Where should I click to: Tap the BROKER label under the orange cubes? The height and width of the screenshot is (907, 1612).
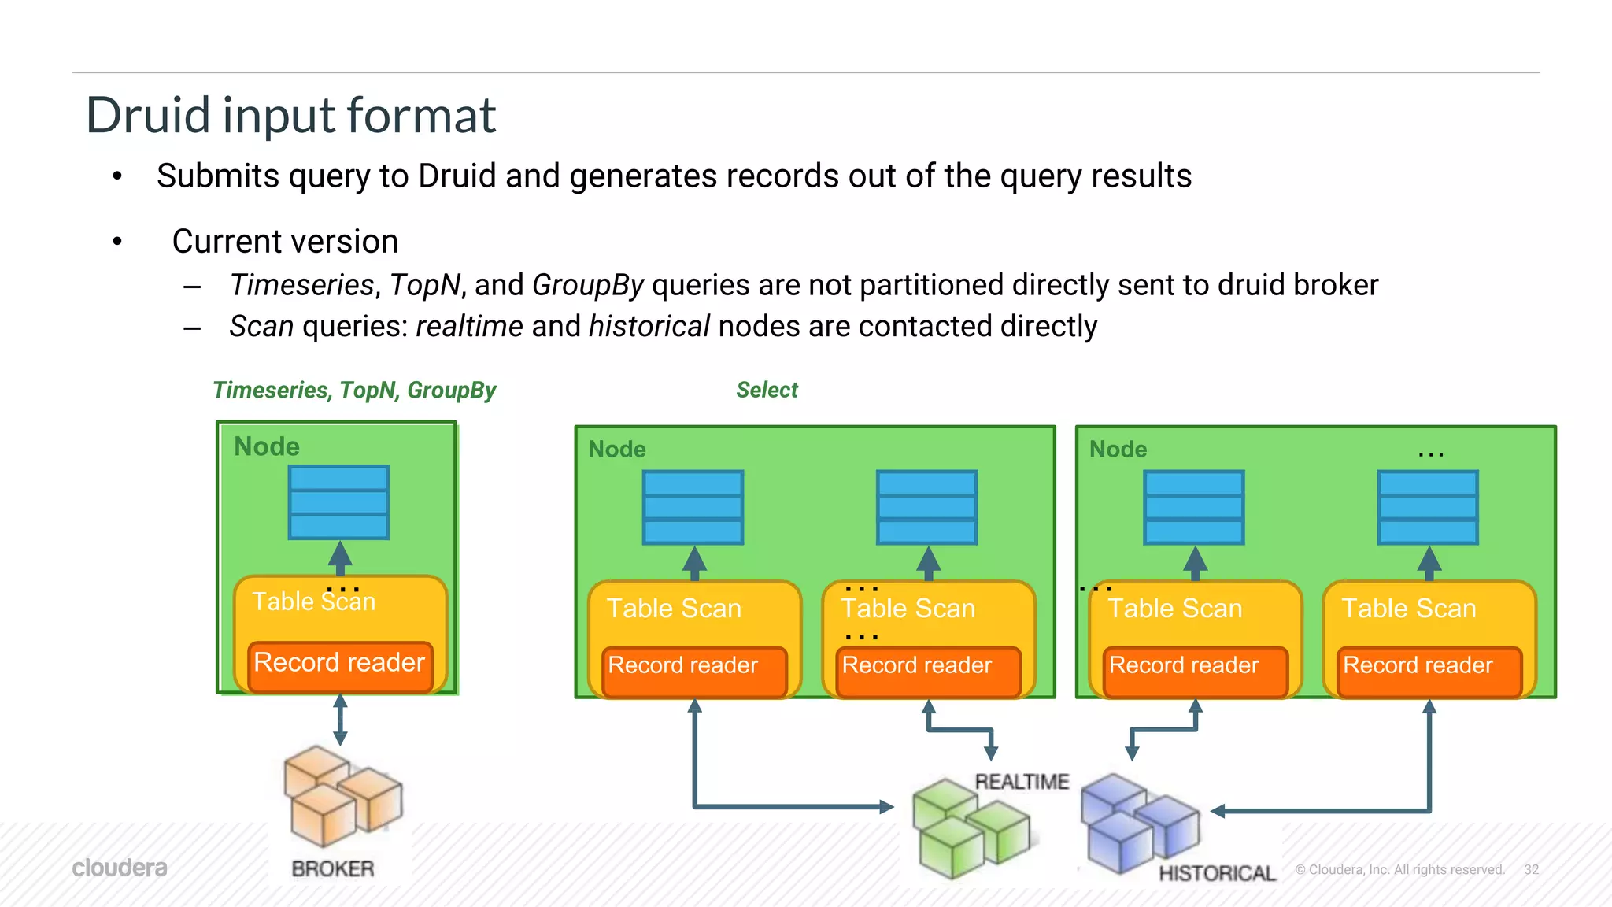tap(333, 868)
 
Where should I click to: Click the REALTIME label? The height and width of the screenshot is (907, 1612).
tap(1022, 782)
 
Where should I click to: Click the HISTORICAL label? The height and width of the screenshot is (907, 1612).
tap(1217, 872)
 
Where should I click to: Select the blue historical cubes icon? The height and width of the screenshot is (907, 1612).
tap(1138, 823)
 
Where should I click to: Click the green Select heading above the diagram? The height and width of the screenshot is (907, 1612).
tap(767, 390)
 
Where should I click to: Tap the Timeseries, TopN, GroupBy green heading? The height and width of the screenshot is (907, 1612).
tap(354, 391)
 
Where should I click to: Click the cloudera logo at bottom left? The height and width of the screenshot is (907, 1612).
tap(120, 868)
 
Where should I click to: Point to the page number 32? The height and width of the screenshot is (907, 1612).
tap(1531, 869)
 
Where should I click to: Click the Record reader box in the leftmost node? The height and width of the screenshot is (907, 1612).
tap(340, 666)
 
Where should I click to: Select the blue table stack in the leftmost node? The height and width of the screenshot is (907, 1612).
tap(338, 502)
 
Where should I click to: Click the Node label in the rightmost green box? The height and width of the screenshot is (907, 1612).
tap(1118, 450)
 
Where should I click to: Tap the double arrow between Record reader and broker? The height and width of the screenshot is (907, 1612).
tap(340, 720)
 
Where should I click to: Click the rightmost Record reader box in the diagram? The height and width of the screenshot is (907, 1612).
tap(1429, 670)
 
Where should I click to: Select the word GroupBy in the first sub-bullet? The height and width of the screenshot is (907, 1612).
tap(588, 285)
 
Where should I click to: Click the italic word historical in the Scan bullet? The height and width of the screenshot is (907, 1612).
tap(649, 327)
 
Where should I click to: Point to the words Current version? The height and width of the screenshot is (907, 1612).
tap(285, 242)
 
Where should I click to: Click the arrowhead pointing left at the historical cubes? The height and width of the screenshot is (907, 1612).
tap(1218, 811)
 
